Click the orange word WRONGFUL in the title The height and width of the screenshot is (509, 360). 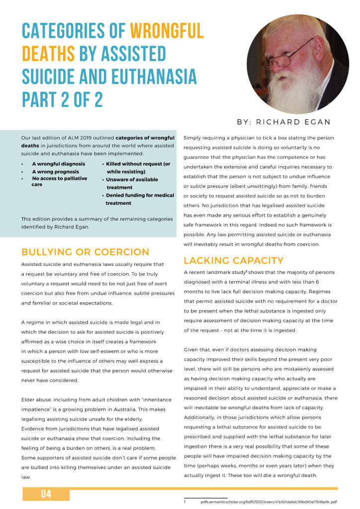(167, 31)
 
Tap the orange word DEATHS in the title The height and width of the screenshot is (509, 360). (48, 54)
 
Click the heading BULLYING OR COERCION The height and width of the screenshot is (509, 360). (85, 252)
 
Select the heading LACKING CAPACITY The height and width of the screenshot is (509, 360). (234, 260)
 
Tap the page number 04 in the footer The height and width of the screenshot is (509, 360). (46, 494)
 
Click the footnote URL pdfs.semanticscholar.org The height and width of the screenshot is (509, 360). (269, 502)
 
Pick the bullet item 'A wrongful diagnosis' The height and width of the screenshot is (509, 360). (58, 164)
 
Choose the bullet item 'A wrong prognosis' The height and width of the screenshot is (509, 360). (56, 171)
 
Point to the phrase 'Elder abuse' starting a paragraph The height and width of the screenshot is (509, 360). (36, 400)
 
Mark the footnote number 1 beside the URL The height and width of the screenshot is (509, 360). (185, 502)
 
